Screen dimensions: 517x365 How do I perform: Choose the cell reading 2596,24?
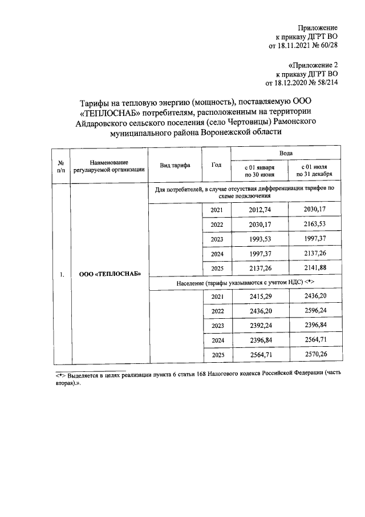pos(314,311)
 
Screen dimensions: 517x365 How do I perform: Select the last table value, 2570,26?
pos(314,355)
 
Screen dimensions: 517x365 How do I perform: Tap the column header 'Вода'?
pos(286,154)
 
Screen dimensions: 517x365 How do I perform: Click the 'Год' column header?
pos(216,165)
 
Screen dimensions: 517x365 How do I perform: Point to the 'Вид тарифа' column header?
pos(175,165)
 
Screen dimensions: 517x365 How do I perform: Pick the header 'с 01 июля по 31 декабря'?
pos(314,171)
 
